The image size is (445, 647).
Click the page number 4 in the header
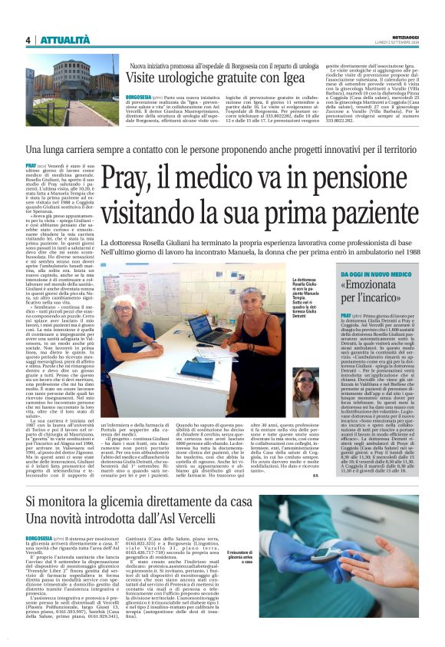click(28, 39)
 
